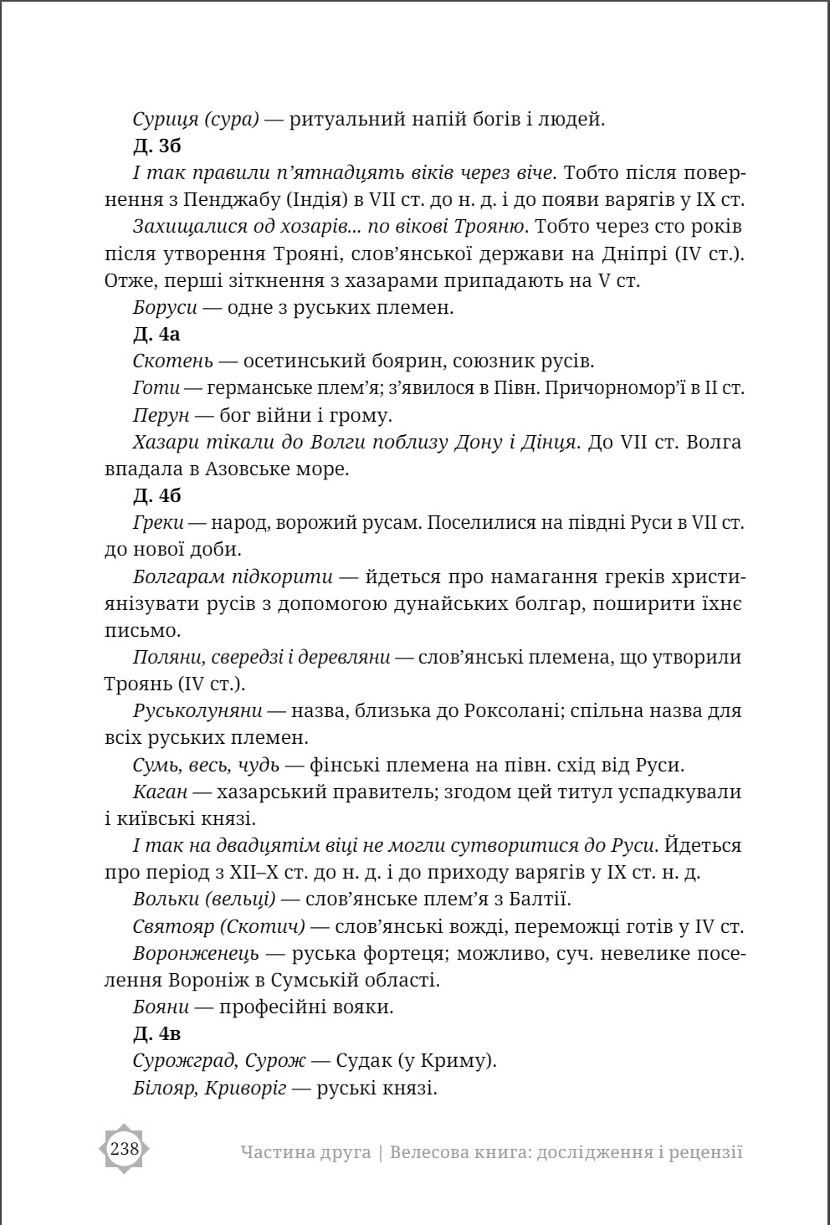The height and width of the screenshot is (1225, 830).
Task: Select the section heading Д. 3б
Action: (156, 146)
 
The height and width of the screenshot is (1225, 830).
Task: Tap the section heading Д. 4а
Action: (156, 335)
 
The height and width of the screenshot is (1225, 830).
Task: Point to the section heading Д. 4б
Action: (156, 496)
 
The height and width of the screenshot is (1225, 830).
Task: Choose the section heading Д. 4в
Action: (156, 1034)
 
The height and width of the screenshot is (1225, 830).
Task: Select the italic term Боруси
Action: (165, 307)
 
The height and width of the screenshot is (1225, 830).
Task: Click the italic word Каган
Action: (160, 792)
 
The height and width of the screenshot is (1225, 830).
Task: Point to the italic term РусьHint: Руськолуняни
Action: (197, 711)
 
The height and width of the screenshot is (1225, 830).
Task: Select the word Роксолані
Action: (551, 711)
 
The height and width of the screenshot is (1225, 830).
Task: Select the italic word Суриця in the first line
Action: (166, 120)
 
